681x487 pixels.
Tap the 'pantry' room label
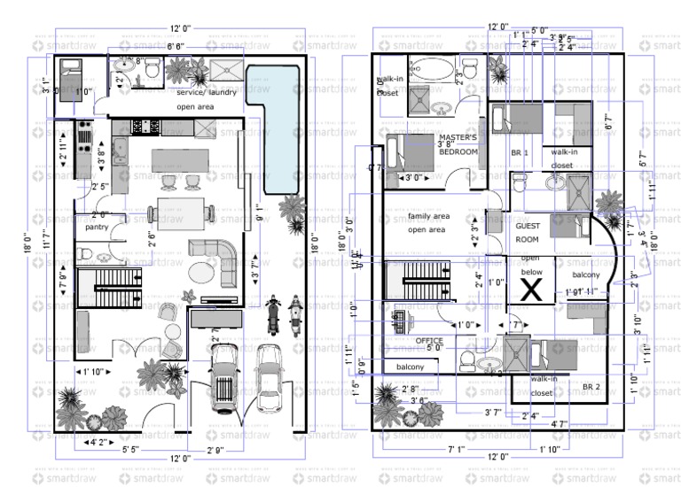pos(97,228)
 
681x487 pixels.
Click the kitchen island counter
pos(181,160)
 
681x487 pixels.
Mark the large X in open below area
pos(530,288)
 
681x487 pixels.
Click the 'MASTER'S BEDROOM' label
pos(458,144)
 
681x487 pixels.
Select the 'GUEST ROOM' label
pos(528,232)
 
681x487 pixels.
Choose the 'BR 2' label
pos(592,387)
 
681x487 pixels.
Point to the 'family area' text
pos(428,217)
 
